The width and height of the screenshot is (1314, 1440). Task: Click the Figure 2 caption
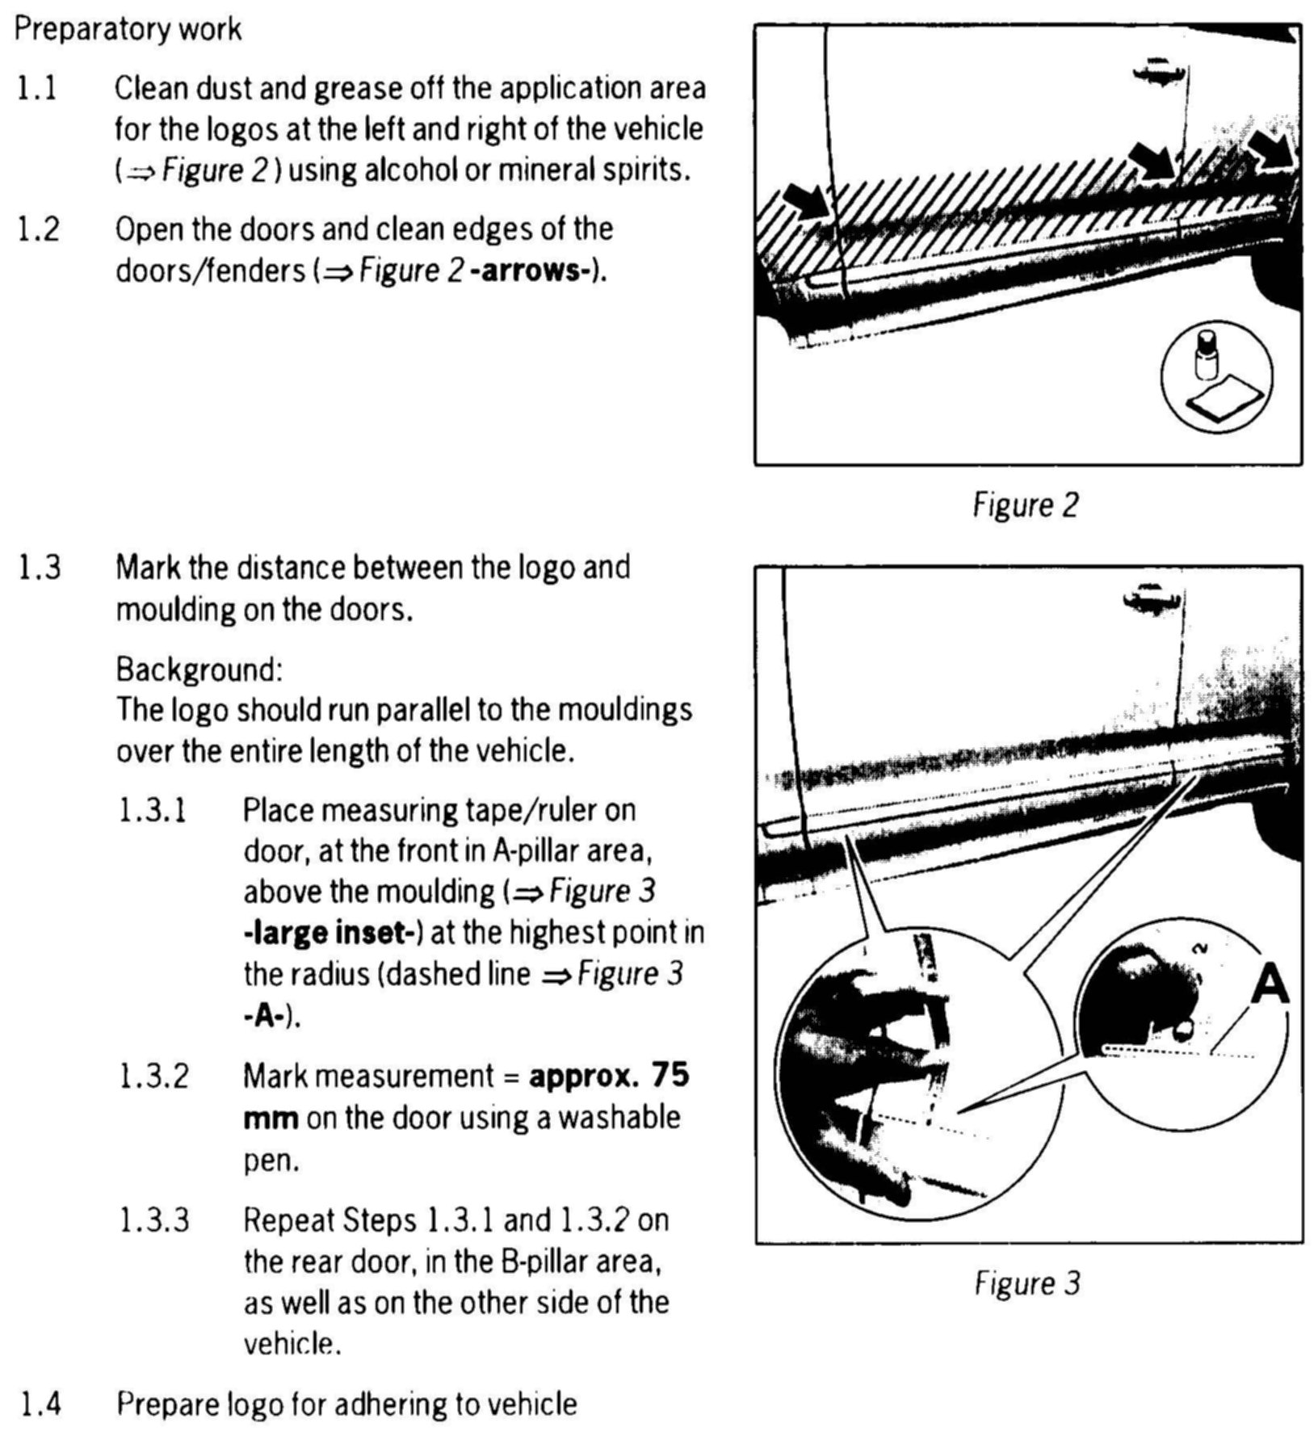point(1025,506)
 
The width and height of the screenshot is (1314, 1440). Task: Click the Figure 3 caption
point(1026,1283)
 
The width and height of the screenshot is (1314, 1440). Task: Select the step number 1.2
point(38,230)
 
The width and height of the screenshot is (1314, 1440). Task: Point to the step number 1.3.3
point(153,1220)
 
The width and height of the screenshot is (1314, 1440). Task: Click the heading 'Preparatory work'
point(128,30)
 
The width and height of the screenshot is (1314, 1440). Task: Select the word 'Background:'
point(199,670)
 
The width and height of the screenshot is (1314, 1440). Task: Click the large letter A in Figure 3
point(1270,987)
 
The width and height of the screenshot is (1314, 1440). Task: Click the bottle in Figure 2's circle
point(1206,356)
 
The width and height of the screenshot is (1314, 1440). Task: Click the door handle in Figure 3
point(1150,599)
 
